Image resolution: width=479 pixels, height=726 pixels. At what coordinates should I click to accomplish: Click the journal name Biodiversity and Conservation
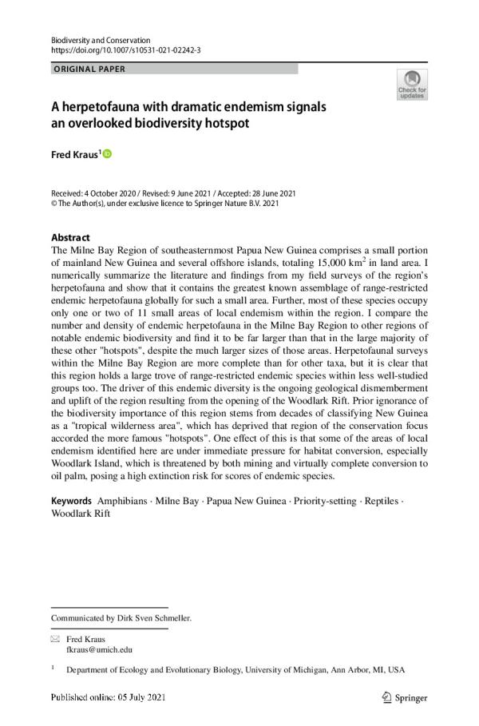point(100,40)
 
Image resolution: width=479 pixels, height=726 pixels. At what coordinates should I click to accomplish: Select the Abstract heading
point(70,237)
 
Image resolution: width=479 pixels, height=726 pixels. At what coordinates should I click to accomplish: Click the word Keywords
point(71,500)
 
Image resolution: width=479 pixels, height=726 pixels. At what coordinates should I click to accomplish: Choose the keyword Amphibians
point(125,500)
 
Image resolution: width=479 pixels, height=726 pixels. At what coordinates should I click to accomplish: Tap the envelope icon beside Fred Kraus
point(55,639)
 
